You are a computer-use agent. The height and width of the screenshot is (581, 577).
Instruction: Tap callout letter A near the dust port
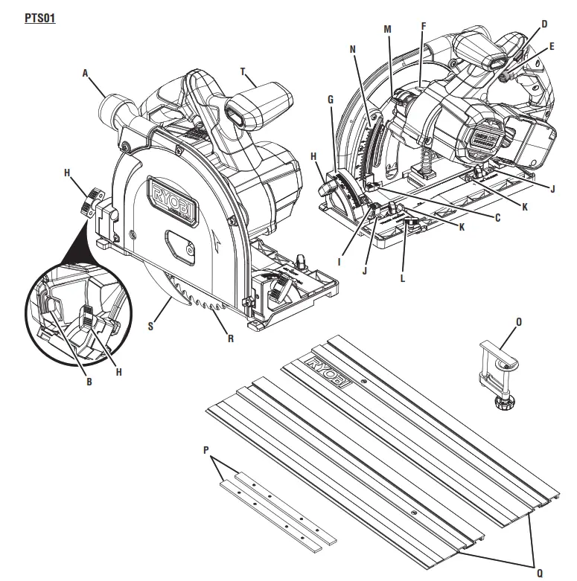(x=86, y=73)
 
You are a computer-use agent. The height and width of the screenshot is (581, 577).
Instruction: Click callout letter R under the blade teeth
(x=231, y=338)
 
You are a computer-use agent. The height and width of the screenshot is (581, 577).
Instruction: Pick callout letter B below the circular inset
(x=89, y=382)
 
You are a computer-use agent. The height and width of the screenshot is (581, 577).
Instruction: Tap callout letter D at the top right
(x=544, y=25)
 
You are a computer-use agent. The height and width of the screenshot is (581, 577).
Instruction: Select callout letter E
(x=552, y=46)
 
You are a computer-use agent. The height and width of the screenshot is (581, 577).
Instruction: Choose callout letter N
(x=353, y=49)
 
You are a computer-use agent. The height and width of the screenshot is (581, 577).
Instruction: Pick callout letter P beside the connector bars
(x=206, y=450)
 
